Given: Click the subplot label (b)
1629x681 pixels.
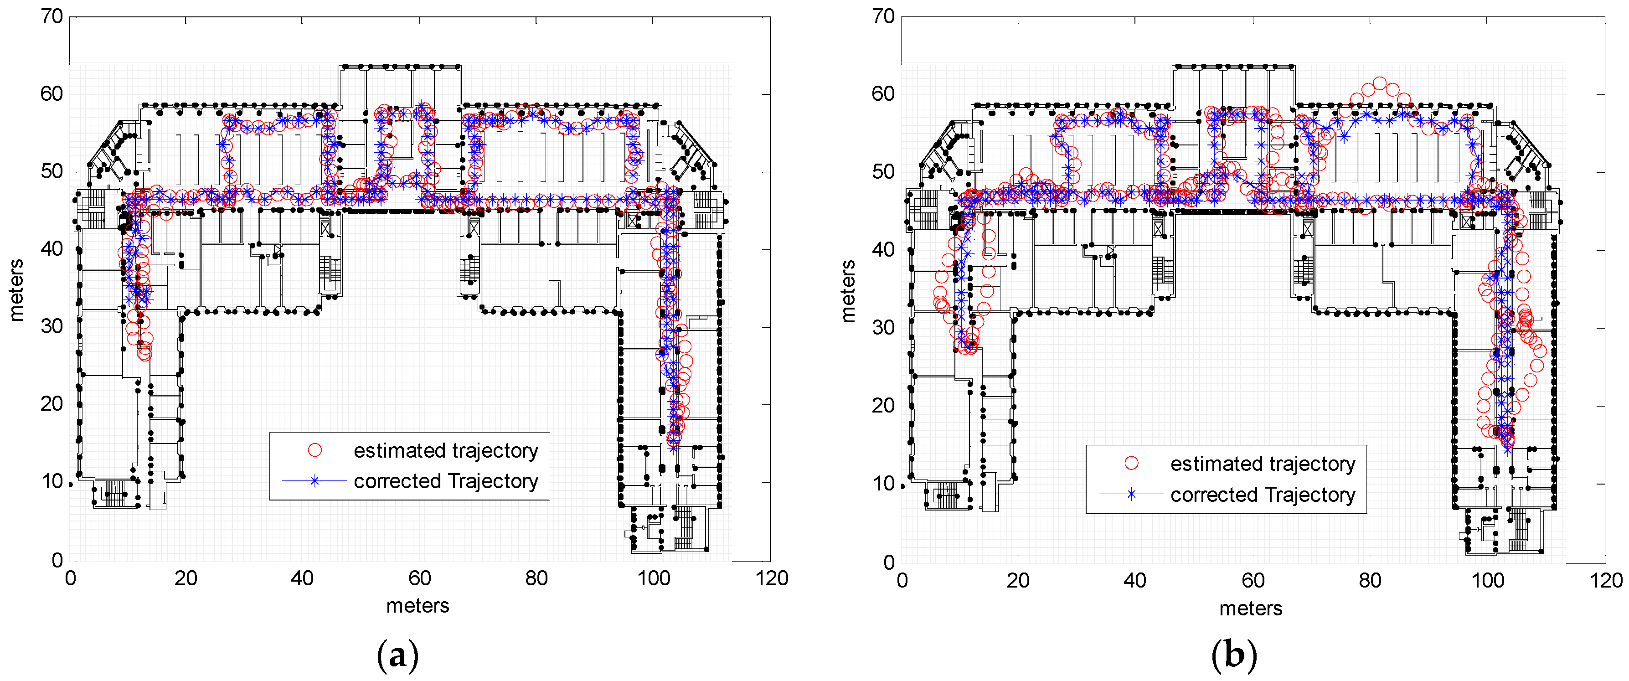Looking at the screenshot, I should click(x=1234, y=656).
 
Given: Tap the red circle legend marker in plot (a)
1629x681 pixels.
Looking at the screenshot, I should click(x=314, y=450).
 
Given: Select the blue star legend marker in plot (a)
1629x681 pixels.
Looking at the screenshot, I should click(x=314, y=481).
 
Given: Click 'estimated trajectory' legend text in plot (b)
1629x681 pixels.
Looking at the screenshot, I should click(x=1262, y=464).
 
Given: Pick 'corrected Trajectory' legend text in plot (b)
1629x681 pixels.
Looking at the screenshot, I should click(x=1262, y=495).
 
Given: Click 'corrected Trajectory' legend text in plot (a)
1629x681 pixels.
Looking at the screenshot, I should click(x=445, y=481).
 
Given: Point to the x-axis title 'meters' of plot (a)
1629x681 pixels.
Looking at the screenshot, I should click(x=418, y=606).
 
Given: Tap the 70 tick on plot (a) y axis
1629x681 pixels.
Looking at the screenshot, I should click(x=52, y=16).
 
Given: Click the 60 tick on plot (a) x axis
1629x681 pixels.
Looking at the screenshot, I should click(x=419, y=578).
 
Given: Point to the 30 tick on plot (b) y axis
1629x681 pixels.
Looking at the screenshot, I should click(x=883, y=328).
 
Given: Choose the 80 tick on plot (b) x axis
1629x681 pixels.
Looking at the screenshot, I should click(x=1370, y=580).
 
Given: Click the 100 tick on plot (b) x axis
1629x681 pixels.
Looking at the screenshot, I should click(x=1487, y=580).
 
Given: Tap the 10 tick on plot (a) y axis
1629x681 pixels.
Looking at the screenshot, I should click(x=52, y=482).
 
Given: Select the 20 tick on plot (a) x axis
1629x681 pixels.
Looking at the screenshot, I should click(x=186, y=578).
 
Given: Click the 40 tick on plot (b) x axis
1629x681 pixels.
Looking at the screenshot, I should click(x=1134, y=580).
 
